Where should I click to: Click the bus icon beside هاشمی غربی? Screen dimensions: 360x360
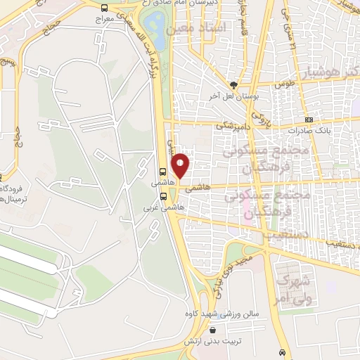click(x=163, y=197)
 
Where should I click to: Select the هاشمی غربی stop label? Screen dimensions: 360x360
click(x=161, y=208)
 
